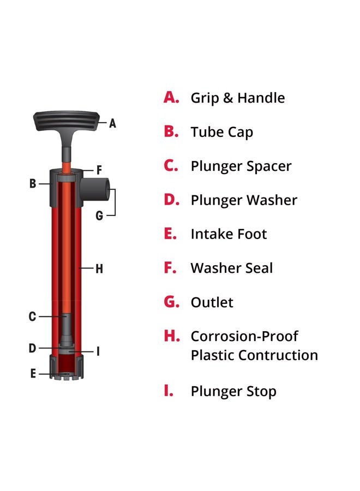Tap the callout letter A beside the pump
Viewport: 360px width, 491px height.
pyautogui.click(x=112, y=123)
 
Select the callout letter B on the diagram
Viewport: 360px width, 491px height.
pyautogui.click(x=33, y=184)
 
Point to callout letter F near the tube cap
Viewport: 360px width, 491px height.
pyautogui.click(x=99, y=170)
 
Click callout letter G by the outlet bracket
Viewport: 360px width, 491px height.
pyautogui.click(x=99, y=215)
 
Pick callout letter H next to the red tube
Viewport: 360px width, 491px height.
pyautogui.click(x=99, y=268)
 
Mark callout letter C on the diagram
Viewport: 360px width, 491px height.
pyautogui.click(x=33, y=316)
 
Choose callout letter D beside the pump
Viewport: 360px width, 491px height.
pyautogui.click(x=33, y=348)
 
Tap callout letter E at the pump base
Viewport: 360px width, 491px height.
pyautogui.click(x=33, y=374)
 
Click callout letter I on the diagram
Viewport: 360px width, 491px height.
pyautogui.click(x=98, y=351)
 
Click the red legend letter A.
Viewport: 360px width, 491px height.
pyautogui.click(x=171, y=98)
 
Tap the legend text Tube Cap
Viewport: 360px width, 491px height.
pyautogui.click(x=221, y=132)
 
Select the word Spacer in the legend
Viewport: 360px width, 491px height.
pyautogui.click(x=270, y=166)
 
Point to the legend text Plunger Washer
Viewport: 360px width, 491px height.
pyautogui.click(x=244, y=200)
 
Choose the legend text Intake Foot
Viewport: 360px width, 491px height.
pyautogui.click(x=229, y=234)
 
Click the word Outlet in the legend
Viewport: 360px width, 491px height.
pyautogui.click(x=212, y=302)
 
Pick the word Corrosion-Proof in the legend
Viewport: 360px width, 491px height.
pyautogui.click(x=244, y=336)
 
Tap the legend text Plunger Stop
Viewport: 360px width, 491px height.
pyautogui.click(x=233, y=391)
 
